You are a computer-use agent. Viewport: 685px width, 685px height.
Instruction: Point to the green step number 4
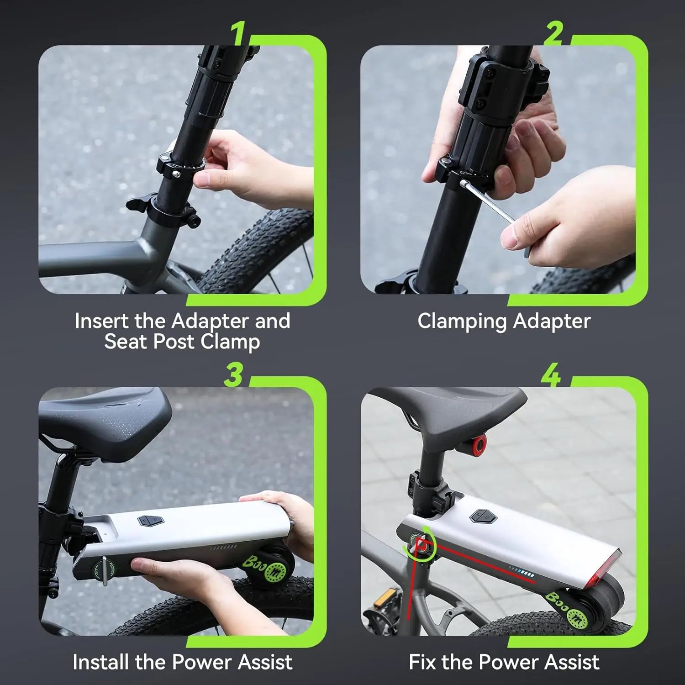click(551, 375)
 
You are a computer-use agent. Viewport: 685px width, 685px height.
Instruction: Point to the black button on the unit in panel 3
click(150, 521)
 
